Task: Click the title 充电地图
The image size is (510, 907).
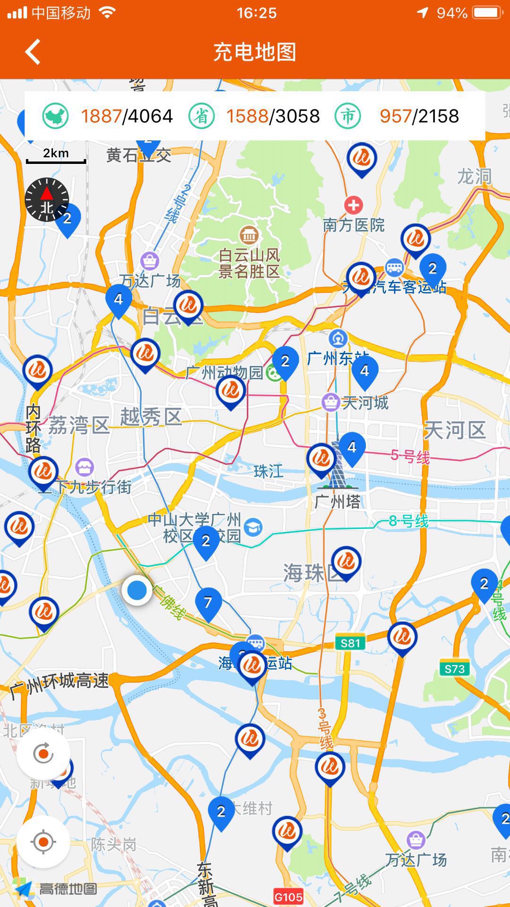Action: pyautogui.click(x=255, y=51)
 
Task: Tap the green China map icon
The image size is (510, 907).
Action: pyautogui.click(x=55, y=116)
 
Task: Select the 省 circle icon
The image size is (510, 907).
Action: pyautogui.click(x=202, y=116)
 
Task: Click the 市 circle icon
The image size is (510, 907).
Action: pyautogui.click(x=348, y=116)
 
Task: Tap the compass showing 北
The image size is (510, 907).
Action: pyautogui.click(x=47, y=200)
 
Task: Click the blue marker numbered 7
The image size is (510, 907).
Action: pyautogui.click(x=208, y=603)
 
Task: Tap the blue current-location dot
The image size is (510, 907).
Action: pyautogui.click(x=137, y=590)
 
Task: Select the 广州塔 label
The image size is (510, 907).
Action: pyautogui.click(x=337, y=502)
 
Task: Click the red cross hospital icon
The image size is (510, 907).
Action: pyautogui.click(x=353, y=205)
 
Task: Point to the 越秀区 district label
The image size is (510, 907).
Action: pyautogui.click(x=151, y=417)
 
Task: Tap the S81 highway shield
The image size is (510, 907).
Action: pyautogui.click(x=350, y=642)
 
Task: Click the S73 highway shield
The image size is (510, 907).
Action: pyautogui.click(x=454, y=668)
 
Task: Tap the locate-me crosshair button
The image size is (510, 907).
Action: pyautogui.click(x=43, y=842)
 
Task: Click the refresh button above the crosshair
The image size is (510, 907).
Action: pyautogui.click(x=43, y=753)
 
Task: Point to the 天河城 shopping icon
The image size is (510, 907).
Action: pyautogui.click(x=330, y=402)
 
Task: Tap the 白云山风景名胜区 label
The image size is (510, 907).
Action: pyautogui.click(x=249, y=263)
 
